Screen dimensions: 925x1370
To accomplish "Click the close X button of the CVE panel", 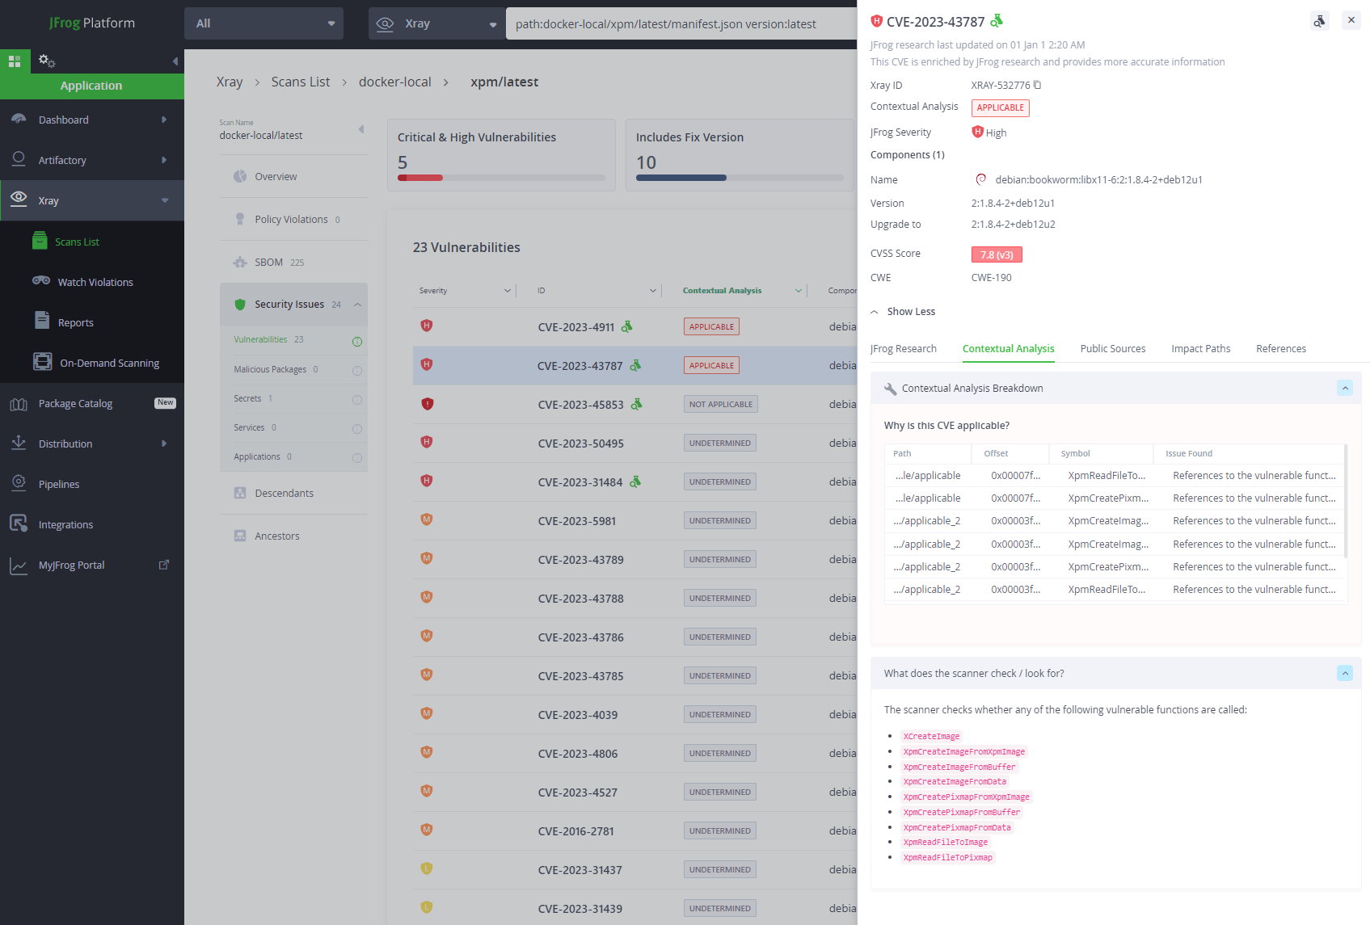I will (1351, 20).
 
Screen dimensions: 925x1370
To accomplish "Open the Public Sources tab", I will (1112, 349).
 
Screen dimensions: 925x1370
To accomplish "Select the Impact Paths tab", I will (1200, 349).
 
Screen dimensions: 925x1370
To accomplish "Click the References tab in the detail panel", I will (1280, 349).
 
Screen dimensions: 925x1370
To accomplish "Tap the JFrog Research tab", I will (903, 349).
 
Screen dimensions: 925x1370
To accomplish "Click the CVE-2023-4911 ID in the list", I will (575, 327).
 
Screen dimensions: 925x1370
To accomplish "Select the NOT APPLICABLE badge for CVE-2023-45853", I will (720, 405).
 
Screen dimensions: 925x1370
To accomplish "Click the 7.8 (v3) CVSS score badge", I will (996, 255).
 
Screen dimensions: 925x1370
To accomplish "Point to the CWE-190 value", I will (991, 278).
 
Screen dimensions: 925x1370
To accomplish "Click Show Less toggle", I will (910, 312).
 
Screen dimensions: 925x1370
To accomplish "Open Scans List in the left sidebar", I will (77, 242).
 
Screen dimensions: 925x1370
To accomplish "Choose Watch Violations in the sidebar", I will (95, 283).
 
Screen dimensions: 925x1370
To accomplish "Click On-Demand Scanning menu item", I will (109, 364).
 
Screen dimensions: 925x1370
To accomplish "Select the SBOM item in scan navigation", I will (268, 263).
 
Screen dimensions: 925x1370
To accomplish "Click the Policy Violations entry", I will (291, 220).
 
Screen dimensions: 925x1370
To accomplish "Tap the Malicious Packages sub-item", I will (270, 370).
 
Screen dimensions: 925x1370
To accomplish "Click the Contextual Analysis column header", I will (722, 291).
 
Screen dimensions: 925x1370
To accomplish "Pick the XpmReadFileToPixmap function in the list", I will (947, 858).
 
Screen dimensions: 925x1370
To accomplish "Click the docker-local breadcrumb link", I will (394, 82).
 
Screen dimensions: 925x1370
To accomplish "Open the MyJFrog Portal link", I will (71, 566).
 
